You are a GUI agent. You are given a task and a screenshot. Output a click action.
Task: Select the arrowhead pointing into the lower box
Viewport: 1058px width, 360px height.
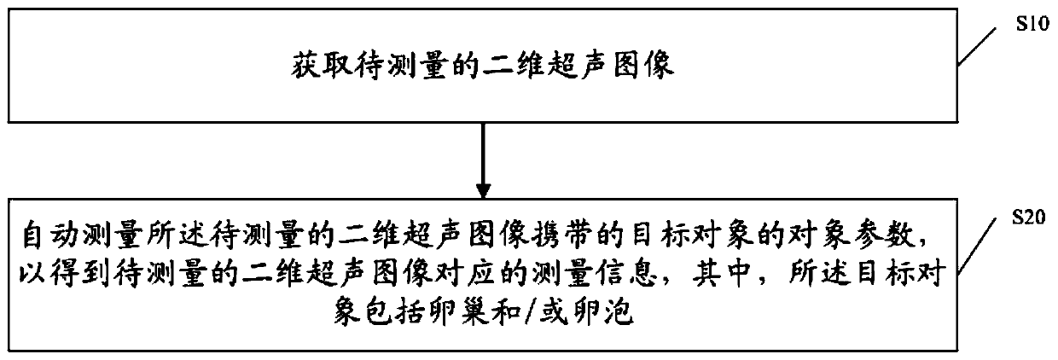[484, 188]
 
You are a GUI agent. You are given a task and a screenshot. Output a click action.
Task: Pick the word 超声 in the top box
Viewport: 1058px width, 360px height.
[576, 67]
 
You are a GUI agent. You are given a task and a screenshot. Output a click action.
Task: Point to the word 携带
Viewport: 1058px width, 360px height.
[556, 230]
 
